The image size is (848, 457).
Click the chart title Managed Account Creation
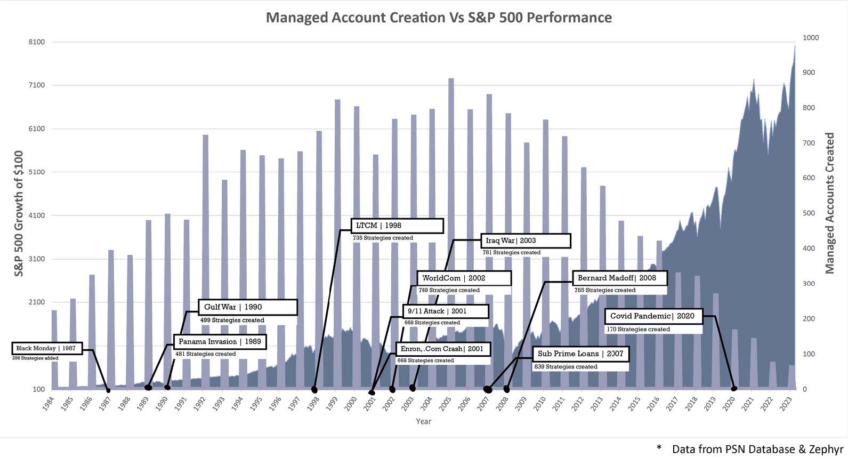click(439, 18)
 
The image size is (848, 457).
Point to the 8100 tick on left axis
click(37, 42)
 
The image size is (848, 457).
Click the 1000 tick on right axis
click(811, 38)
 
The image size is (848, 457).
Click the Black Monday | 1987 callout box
click(47, 349)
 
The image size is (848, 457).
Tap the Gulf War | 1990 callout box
click(247, 307)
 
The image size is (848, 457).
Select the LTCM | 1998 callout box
click(397, 226)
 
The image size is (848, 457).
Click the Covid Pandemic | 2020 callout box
click(653, 316)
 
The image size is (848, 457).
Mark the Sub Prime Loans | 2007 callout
click(580, 354)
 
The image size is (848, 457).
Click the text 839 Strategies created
click(566, 367)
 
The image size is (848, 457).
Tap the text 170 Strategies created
click(638, 330)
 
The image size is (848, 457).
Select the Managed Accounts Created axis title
click(830, 203)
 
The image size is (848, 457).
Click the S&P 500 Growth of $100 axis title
click(19, 213)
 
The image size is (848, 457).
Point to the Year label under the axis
click(423, 421)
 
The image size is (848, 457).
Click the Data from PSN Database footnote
click(757, 449)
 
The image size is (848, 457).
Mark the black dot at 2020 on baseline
click(734, 388)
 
